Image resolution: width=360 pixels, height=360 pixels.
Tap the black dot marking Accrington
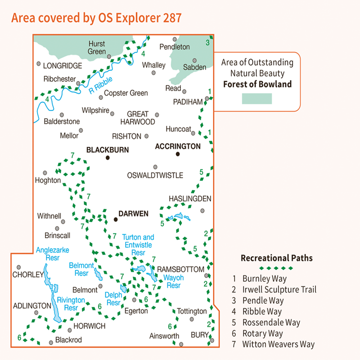[178, 154]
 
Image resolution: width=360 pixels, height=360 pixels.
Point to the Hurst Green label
[97, 48]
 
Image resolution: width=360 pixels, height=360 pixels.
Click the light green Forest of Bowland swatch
[256, 99]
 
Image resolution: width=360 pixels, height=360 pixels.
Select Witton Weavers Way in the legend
[278, 344]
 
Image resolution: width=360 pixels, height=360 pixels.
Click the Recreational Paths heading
[276, 258]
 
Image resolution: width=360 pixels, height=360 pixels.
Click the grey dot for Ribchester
[78, 83]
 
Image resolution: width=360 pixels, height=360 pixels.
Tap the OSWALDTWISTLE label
[156, 175]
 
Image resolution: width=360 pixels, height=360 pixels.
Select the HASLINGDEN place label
[189, 198]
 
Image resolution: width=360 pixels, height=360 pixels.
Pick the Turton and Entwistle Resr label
[138, 245]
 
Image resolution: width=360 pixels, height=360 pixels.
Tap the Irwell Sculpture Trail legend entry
[279, 289]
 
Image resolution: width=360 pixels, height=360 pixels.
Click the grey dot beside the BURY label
[211, 340]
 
